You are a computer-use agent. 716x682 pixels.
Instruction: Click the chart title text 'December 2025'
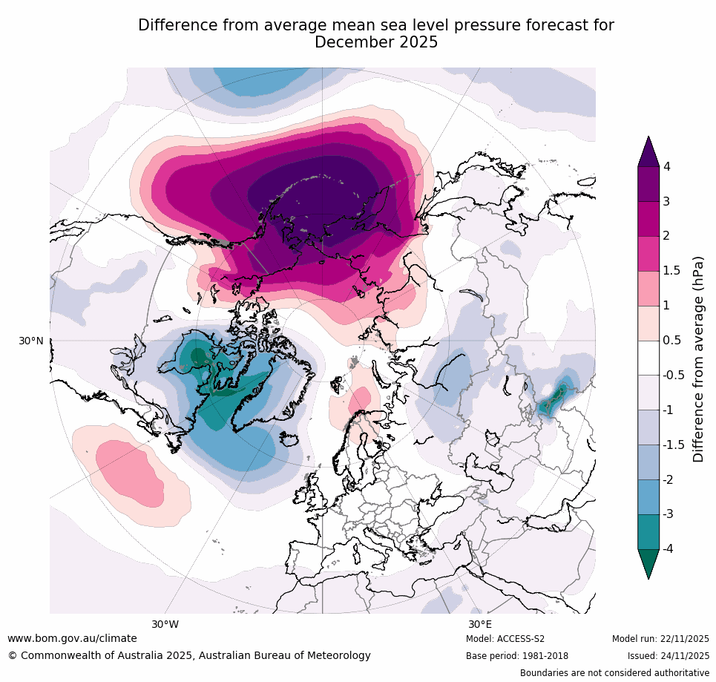click(x=376, y=43)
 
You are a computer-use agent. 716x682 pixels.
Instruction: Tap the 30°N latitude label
click(x=30, y=341)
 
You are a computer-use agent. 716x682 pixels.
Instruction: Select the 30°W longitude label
click(x=165, y=624)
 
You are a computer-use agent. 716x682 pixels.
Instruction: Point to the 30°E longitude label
click(x=479, y=624)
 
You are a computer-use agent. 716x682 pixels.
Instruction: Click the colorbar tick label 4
click(x=666, y=166)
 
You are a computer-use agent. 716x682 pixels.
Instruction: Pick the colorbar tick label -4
click(x=669, y=549)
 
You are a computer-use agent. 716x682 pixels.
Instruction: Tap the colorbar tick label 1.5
click(x=671, y=271)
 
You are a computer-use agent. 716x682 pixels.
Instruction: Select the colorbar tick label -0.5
click(x=674, y=376)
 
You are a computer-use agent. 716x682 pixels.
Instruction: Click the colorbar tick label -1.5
click(x=674, y=445)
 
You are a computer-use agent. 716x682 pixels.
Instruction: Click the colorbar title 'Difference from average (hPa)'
click(x=698, y=359)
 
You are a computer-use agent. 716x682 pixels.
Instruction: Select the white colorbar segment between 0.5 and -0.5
click(x=648, y=358)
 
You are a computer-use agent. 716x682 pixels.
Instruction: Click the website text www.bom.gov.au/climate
click(x=72, y=638)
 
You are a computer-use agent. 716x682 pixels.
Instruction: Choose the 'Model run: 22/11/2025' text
click(x=660, y=639)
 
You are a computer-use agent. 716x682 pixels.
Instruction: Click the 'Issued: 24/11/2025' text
click(x=668, y=656)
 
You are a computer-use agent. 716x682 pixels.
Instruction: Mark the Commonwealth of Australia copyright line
click(x=189, y=655)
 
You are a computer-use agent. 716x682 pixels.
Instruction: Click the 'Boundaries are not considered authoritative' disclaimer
click(x=614, y=673)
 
